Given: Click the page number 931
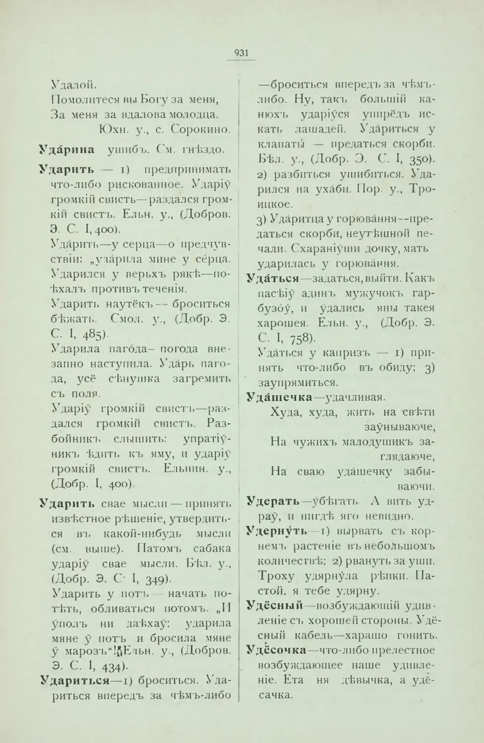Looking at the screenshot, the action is pyautogui.click(x=241, y=53).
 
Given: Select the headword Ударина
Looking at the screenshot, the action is pyautogui.click(x=67, y=149).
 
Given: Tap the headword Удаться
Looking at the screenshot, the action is pyautogui.click(x=272, y=278).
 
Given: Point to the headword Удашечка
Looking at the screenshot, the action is pyautogui.click(x=279, y=397).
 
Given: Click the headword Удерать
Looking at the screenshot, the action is pyautogui.click(x=272, y=501).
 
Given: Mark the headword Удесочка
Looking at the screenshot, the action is pyautogui.click(x=276, y=650).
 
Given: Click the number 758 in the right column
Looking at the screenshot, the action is pyautogui.click(x=302, y=338).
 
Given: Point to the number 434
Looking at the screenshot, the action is pyautogui.click(x=110, y=667).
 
